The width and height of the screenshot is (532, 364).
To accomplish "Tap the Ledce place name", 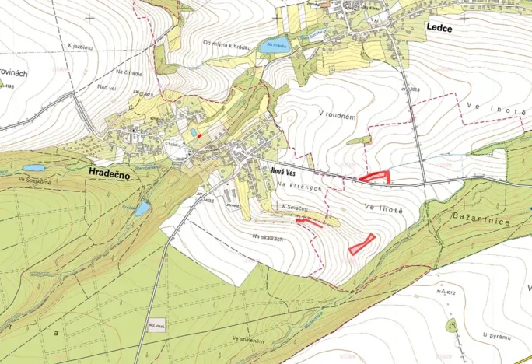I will tap(439, 26).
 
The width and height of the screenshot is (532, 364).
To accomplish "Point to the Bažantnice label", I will tap(485, 222).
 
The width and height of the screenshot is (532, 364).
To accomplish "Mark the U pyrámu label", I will tap(494, 336).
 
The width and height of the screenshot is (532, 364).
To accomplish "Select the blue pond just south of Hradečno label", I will tap(142, 208).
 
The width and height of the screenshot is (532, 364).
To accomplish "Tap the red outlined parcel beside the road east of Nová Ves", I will tap(375, 177).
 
